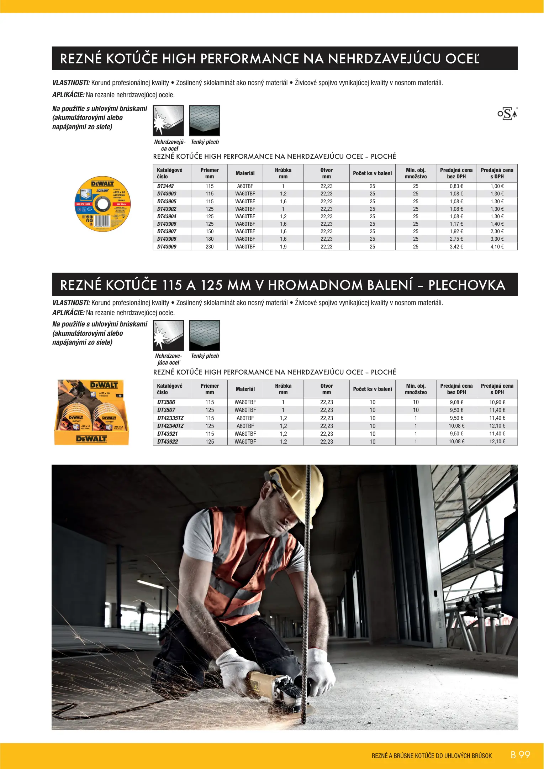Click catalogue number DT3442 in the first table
(165, 186)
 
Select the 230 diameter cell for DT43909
(210, 247)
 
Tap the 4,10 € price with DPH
(497, 247)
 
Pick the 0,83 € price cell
(456, 186)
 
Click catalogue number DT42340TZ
(170, 426)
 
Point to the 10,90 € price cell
(497, 402)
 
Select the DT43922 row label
(168, 441)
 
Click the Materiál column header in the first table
(245, 173)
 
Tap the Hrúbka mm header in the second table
(283, 389)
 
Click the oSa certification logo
(507, 114)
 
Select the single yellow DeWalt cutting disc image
(102, 204)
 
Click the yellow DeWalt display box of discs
(91, 412)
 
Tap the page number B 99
(520, 755)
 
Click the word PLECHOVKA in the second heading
(466, 285)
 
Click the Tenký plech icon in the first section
(205, 121)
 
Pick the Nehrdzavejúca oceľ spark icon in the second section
(168, 335)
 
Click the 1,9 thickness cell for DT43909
(283, 247)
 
